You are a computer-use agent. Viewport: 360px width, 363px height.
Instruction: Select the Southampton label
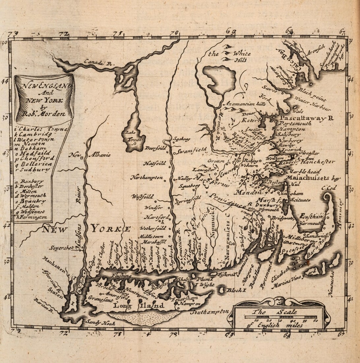[x=210, y=311]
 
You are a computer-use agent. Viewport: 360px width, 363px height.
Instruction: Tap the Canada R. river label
[x=96, y=62]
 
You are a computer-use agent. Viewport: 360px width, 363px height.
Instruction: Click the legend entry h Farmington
[x=33, y=217]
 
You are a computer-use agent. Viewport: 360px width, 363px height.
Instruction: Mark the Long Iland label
[x=138, y=306]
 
